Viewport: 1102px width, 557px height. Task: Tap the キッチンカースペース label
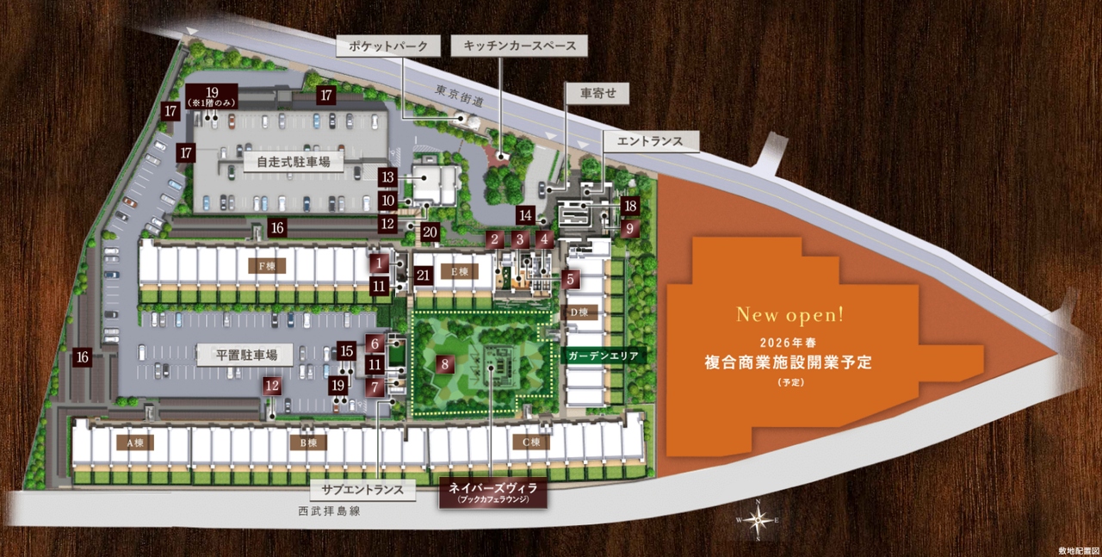[519, 46]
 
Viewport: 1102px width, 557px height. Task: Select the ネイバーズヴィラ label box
[492, 492]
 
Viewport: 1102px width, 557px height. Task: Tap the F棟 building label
[267, 265]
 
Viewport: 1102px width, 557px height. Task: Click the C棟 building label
[530, 443]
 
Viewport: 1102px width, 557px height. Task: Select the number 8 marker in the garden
[445, 363]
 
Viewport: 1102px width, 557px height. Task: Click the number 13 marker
[387, 177]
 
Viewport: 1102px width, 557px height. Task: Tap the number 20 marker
[430, 232]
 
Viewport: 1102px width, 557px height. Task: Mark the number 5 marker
[570, 278]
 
